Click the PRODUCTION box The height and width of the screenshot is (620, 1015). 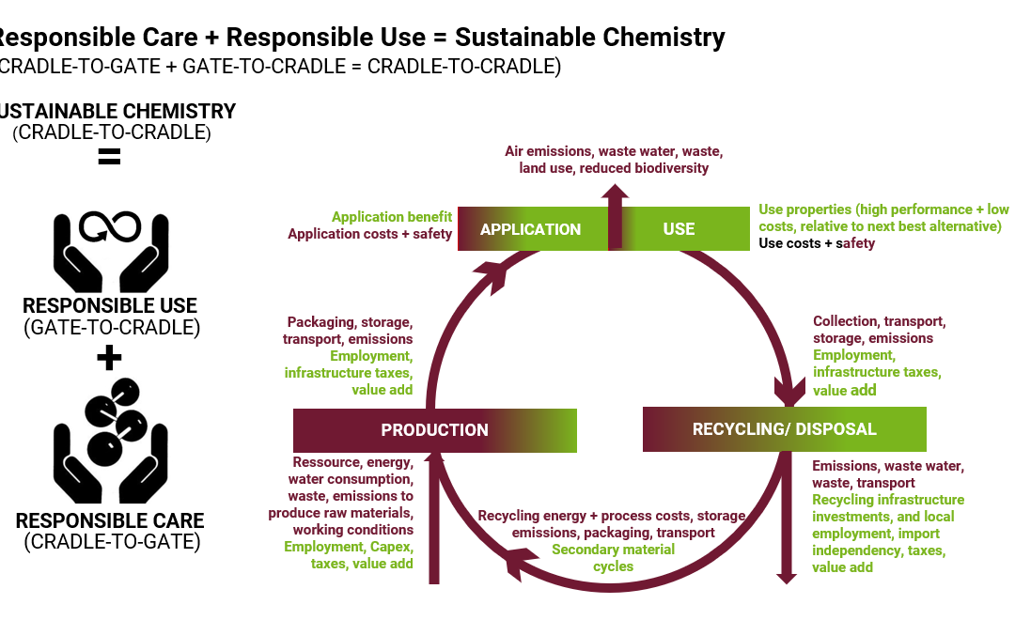tap(434, 430)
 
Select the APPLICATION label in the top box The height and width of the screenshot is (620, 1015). tap(530, 229)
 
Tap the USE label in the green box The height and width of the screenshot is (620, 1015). tap(679, 229)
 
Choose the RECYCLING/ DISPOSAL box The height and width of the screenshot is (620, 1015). tap(784, 429)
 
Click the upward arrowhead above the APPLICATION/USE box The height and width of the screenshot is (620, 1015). tap(616, 193)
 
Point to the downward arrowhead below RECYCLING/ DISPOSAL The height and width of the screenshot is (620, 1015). tap(784, 576)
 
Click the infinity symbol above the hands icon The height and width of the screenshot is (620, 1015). tap(110, 226)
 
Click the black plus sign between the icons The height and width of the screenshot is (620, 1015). tap(110, 357)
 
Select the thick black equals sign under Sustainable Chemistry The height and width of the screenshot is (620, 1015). tap(110, 157)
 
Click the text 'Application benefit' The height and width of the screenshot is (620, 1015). tap(391, 217)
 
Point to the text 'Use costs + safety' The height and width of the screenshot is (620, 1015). tap(817, 243)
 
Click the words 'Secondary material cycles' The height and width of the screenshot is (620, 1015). tap(613, 558)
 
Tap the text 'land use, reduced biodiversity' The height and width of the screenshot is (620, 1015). tap(614, 168)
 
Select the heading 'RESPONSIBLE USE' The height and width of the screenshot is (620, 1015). tap(110, 306)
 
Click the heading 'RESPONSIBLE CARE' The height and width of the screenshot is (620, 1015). tap(110, 521)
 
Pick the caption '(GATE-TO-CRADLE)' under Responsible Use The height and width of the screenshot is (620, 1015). tap(112, 328)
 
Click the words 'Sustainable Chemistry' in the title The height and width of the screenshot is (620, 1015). tap(590, 38)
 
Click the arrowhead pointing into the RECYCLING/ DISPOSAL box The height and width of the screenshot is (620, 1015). tap(786, 390)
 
